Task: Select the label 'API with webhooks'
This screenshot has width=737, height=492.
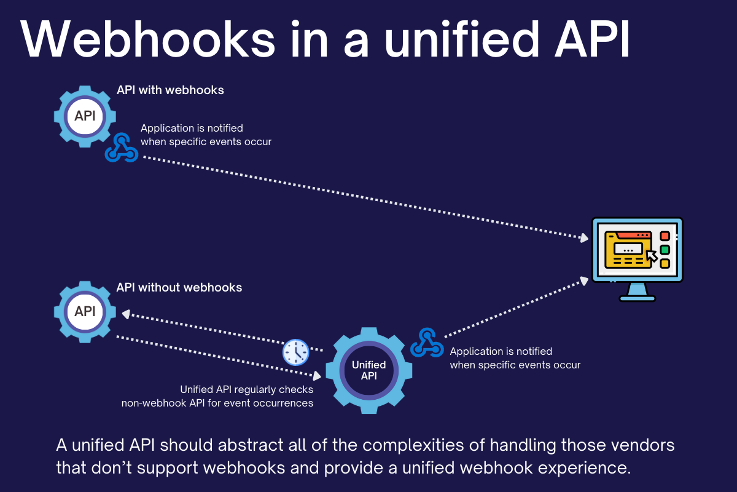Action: pos(170,90)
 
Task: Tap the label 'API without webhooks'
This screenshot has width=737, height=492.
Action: pos(179,287)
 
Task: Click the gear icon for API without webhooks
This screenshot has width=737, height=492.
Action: pos(85,311)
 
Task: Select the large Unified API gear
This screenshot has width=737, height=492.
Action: pos(368,371)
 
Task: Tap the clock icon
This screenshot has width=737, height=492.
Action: pos(295,352)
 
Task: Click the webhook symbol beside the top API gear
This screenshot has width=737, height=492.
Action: pos(121,148)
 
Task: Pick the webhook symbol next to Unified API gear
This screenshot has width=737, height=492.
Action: pos(427,343)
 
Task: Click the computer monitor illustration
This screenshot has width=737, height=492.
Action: pos(637,252)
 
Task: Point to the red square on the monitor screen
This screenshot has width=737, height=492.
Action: pos(665,236)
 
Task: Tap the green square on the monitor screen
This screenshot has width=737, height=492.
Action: pos(665,250)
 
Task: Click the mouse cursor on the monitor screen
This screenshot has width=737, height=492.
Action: pos(651,255)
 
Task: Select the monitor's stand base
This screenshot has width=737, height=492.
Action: pos(637,298)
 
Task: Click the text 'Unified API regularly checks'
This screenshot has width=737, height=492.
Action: pos(246,389)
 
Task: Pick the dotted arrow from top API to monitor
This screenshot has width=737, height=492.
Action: pos(362,197)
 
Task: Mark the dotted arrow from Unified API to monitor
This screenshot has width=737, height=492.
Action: pos(513,307)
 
